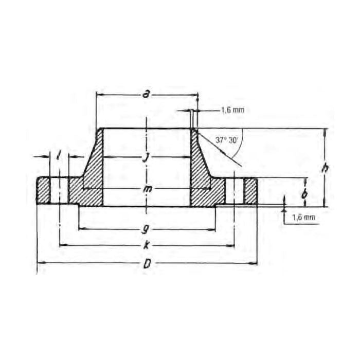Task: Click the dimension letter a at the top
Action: coord(147,94)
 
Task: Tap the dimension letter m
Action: coord(148,190)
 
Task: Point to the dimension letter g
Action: coord(148,227)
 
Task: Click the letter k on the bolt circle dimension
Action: coord(148,245)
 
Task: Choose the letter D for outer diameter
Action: coord(148,264)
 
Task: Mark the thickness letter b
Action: coord(305,194)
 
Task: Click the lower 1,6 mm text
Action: coord(303,217)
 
